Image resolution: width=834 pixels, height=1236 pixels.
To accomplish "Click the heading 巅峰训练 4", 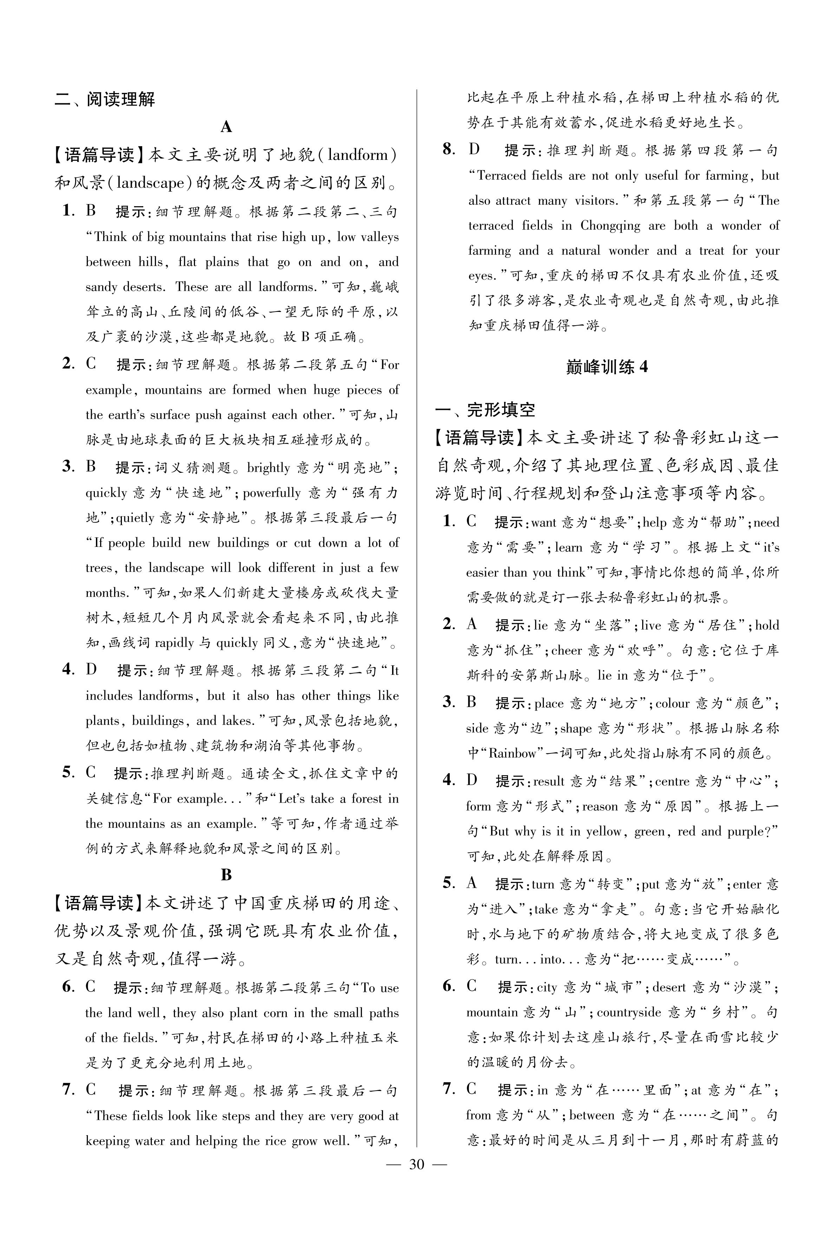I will pyautogui.click(x=607, y=367).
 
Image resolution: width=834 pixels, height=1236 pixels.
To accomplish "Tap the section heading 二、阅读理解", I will pyautogui.click(x=105, y=99).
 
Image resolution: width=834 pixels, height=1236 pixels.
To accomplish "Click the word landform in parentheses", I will pyautogui.click(x=358, y=155).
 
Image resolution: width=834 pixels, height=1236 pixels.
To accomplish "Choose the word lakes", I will pyautogui.click(x=238, y=721).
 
